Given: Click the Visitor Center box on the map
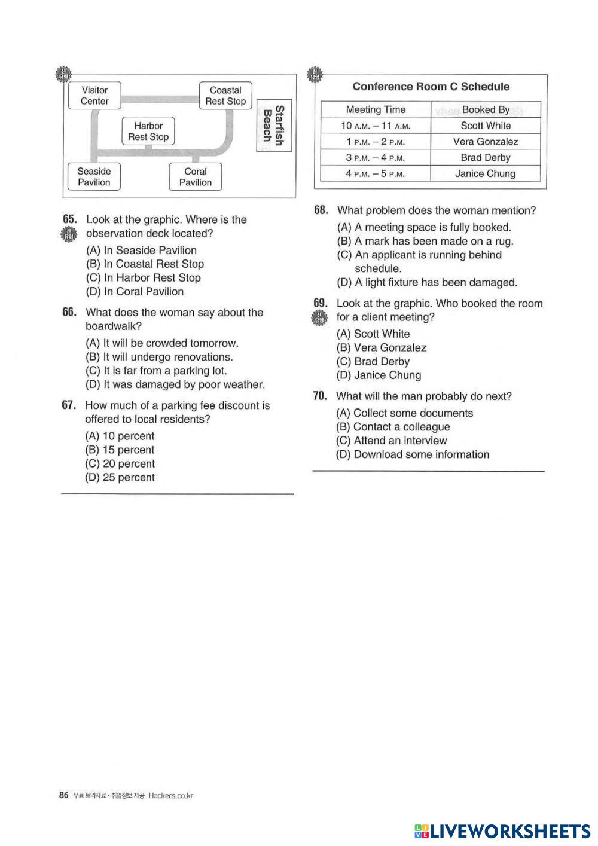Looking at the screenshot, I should [x=94, y=96].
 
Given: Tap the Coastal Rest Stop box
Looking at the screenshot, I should [x=225, y=96].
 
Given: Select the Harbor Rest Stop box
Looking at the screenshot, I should [x=148, y=131].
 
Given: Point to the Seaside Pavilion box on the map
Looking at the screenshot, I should [x=94, y=177].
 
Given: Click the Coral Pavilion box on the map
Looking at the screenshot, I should [x=196, y=177].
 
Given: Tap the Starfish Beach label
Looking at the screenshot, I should [x=273, y=126].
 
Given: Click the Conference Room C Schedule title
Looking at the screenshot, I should [x=431, y=87].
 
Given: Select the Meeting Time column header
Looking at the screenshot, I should [x=376, y=109].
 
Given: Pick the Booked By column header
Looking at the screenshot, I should [x=486, y=109].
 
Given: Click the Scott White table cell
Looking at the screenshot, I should [x=486, y=126].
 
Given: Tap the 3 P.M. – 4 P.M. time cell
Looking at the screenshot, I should [x=376, y=158].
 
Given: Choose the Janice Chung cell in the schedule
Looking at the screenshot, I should [x=485, y=174].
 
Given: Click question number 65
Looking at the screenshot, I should [x=69, y=219].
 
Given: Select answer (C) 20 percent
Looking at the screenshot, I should [x=120, y=464].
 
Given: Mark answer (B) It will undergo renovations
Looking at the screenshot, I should [x=160, y=357].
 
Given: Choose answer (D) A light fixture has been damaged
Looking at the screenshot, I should [x=427, y=282].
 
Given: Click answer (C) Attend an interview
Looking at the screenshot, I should [x=392, y=441].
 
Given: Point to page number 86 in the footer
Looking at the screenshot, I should [x=64, y=795].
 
